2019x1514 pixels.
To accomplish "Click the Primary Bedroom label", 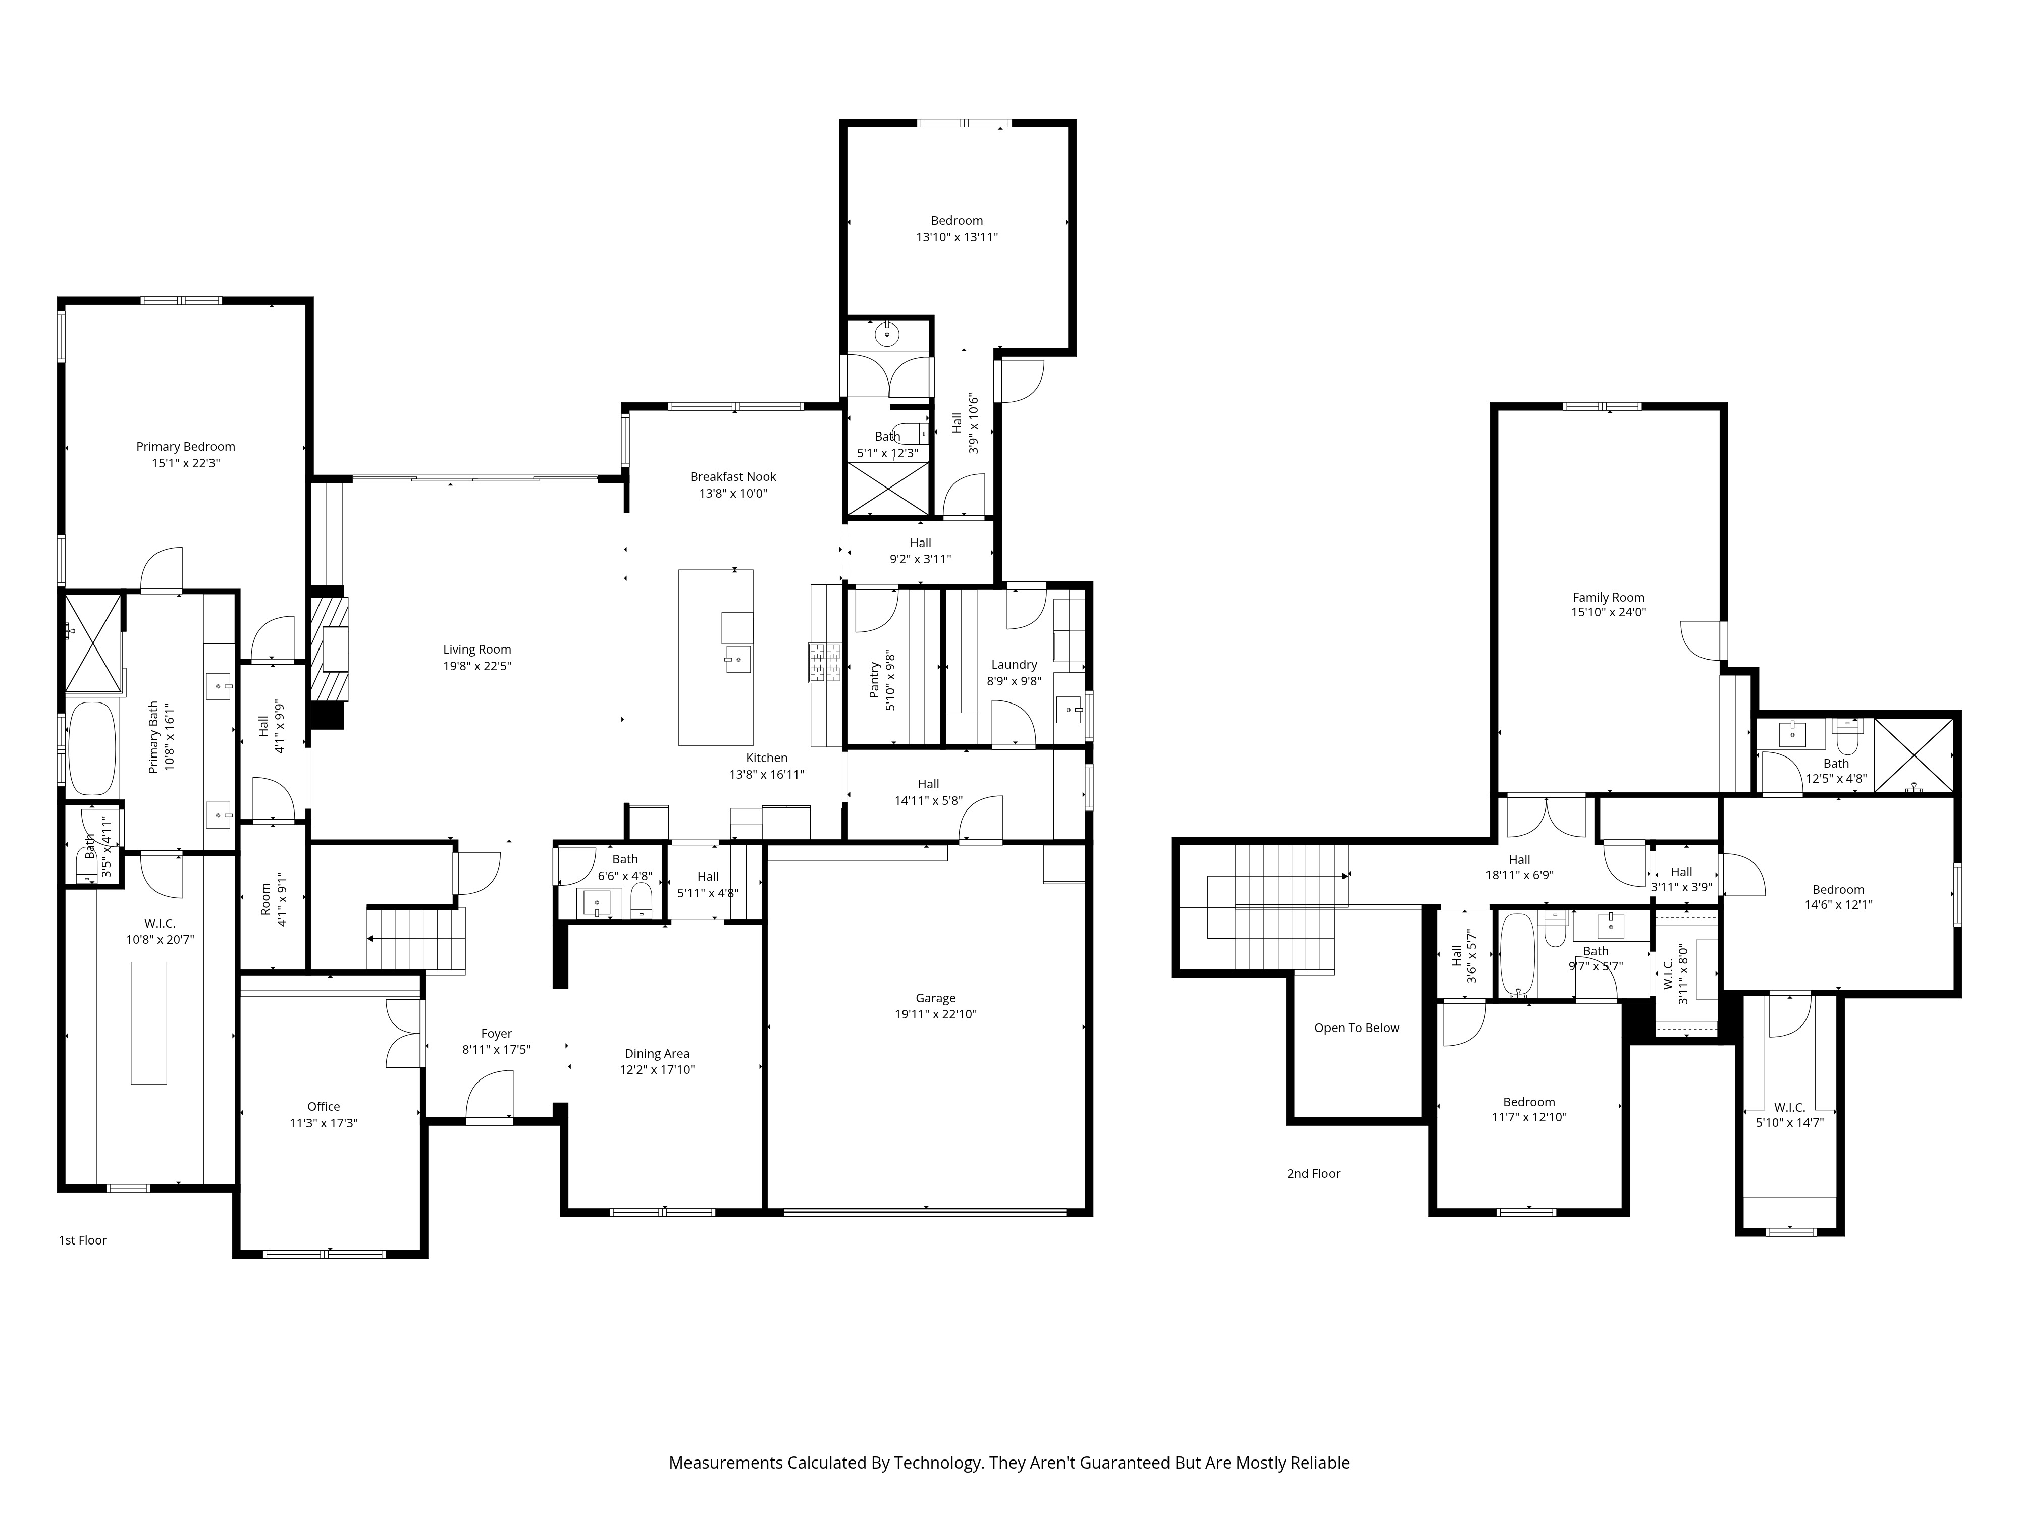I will tap(185, 446).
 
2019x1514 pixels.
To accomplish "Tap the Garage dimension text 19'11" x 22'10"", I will tap(936, 1014).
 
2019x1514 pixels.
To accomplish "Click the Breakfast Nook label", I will tap(733, 476).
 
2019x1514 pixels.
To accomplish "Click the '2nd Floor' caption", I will tap(1313, 1173).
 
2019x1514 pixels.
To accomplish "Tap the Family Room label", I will tap(1608, 598).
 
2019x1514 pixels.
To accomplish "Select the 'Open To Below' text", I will tap(1356, 1028).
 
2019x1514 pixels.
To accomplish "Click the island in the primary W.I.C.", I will tap(149, 1022).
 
